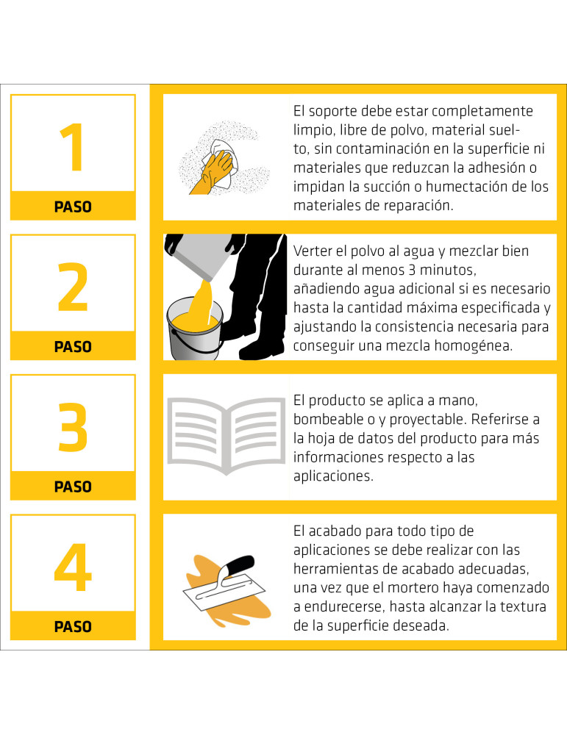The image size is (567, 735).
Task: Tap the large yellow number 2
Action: click(x=73, y=287)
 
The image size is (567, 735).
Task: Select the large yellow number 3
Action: click(x=73, y=427)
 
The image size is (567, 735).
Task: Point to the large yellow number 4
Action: click(x=73, y=567)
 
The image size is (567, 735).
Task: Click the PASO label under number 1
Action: click(x=73, y=207)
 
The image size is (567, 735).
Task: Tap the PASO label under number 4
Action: click(x=73, y=627)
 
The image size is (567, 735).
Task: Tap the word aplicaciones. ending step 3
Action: click(x=333, y=476)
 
